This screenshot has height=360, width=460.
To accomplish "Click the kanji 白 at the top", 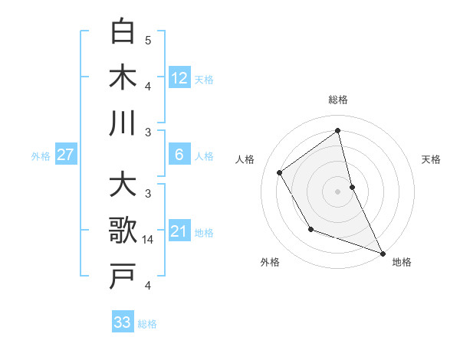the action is (x=123, y=31).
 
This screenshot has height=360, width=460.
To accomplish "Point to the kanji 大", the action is (x=123, y=185).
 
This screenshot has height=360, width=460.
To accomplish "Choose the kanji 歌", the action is (x=123, y=231).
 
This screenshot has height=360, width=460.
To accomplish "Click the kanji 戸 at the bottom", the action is (x=123, y=277).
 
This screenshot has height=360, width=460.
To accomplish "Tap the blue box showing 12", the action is (x=179, y=77).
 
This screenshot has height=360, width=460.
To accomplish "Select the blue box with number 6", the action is (x=179, y=155).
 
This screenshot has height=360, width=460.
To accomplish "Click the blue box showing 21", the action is (x=179, y=231).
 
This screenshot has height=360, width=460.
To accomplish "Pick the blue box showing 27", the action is (x=65, y=155).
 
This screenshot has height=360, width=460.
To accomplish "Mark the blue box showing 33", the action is (x=123, y=322).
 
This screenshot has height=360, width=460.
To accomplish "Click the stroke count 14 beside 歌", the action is (x=149, y=240).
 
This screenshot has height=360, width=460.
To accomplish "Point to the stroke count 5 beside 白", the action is (x=148, y=40).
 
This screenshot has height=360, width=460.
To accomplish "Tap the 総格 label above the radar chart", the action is (x=337, y=100).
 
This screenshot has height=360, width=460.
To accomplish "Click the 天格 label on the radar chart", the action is (x=432, y=159).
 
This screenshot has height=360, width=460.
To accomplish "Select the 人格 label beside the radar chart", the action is (x=245, y=159).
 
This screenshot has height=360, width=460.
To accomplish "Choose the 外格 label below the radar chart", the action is (x=269, y=262).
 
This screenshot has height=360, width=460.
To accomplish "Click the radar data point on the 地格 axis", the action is (x=383, y=253).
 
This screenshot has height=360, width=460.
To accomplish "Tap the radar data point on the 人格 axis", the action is (x=279, y=172).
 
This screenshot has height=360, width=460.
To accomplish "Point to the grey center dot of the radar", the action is (x=337, y=191).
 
